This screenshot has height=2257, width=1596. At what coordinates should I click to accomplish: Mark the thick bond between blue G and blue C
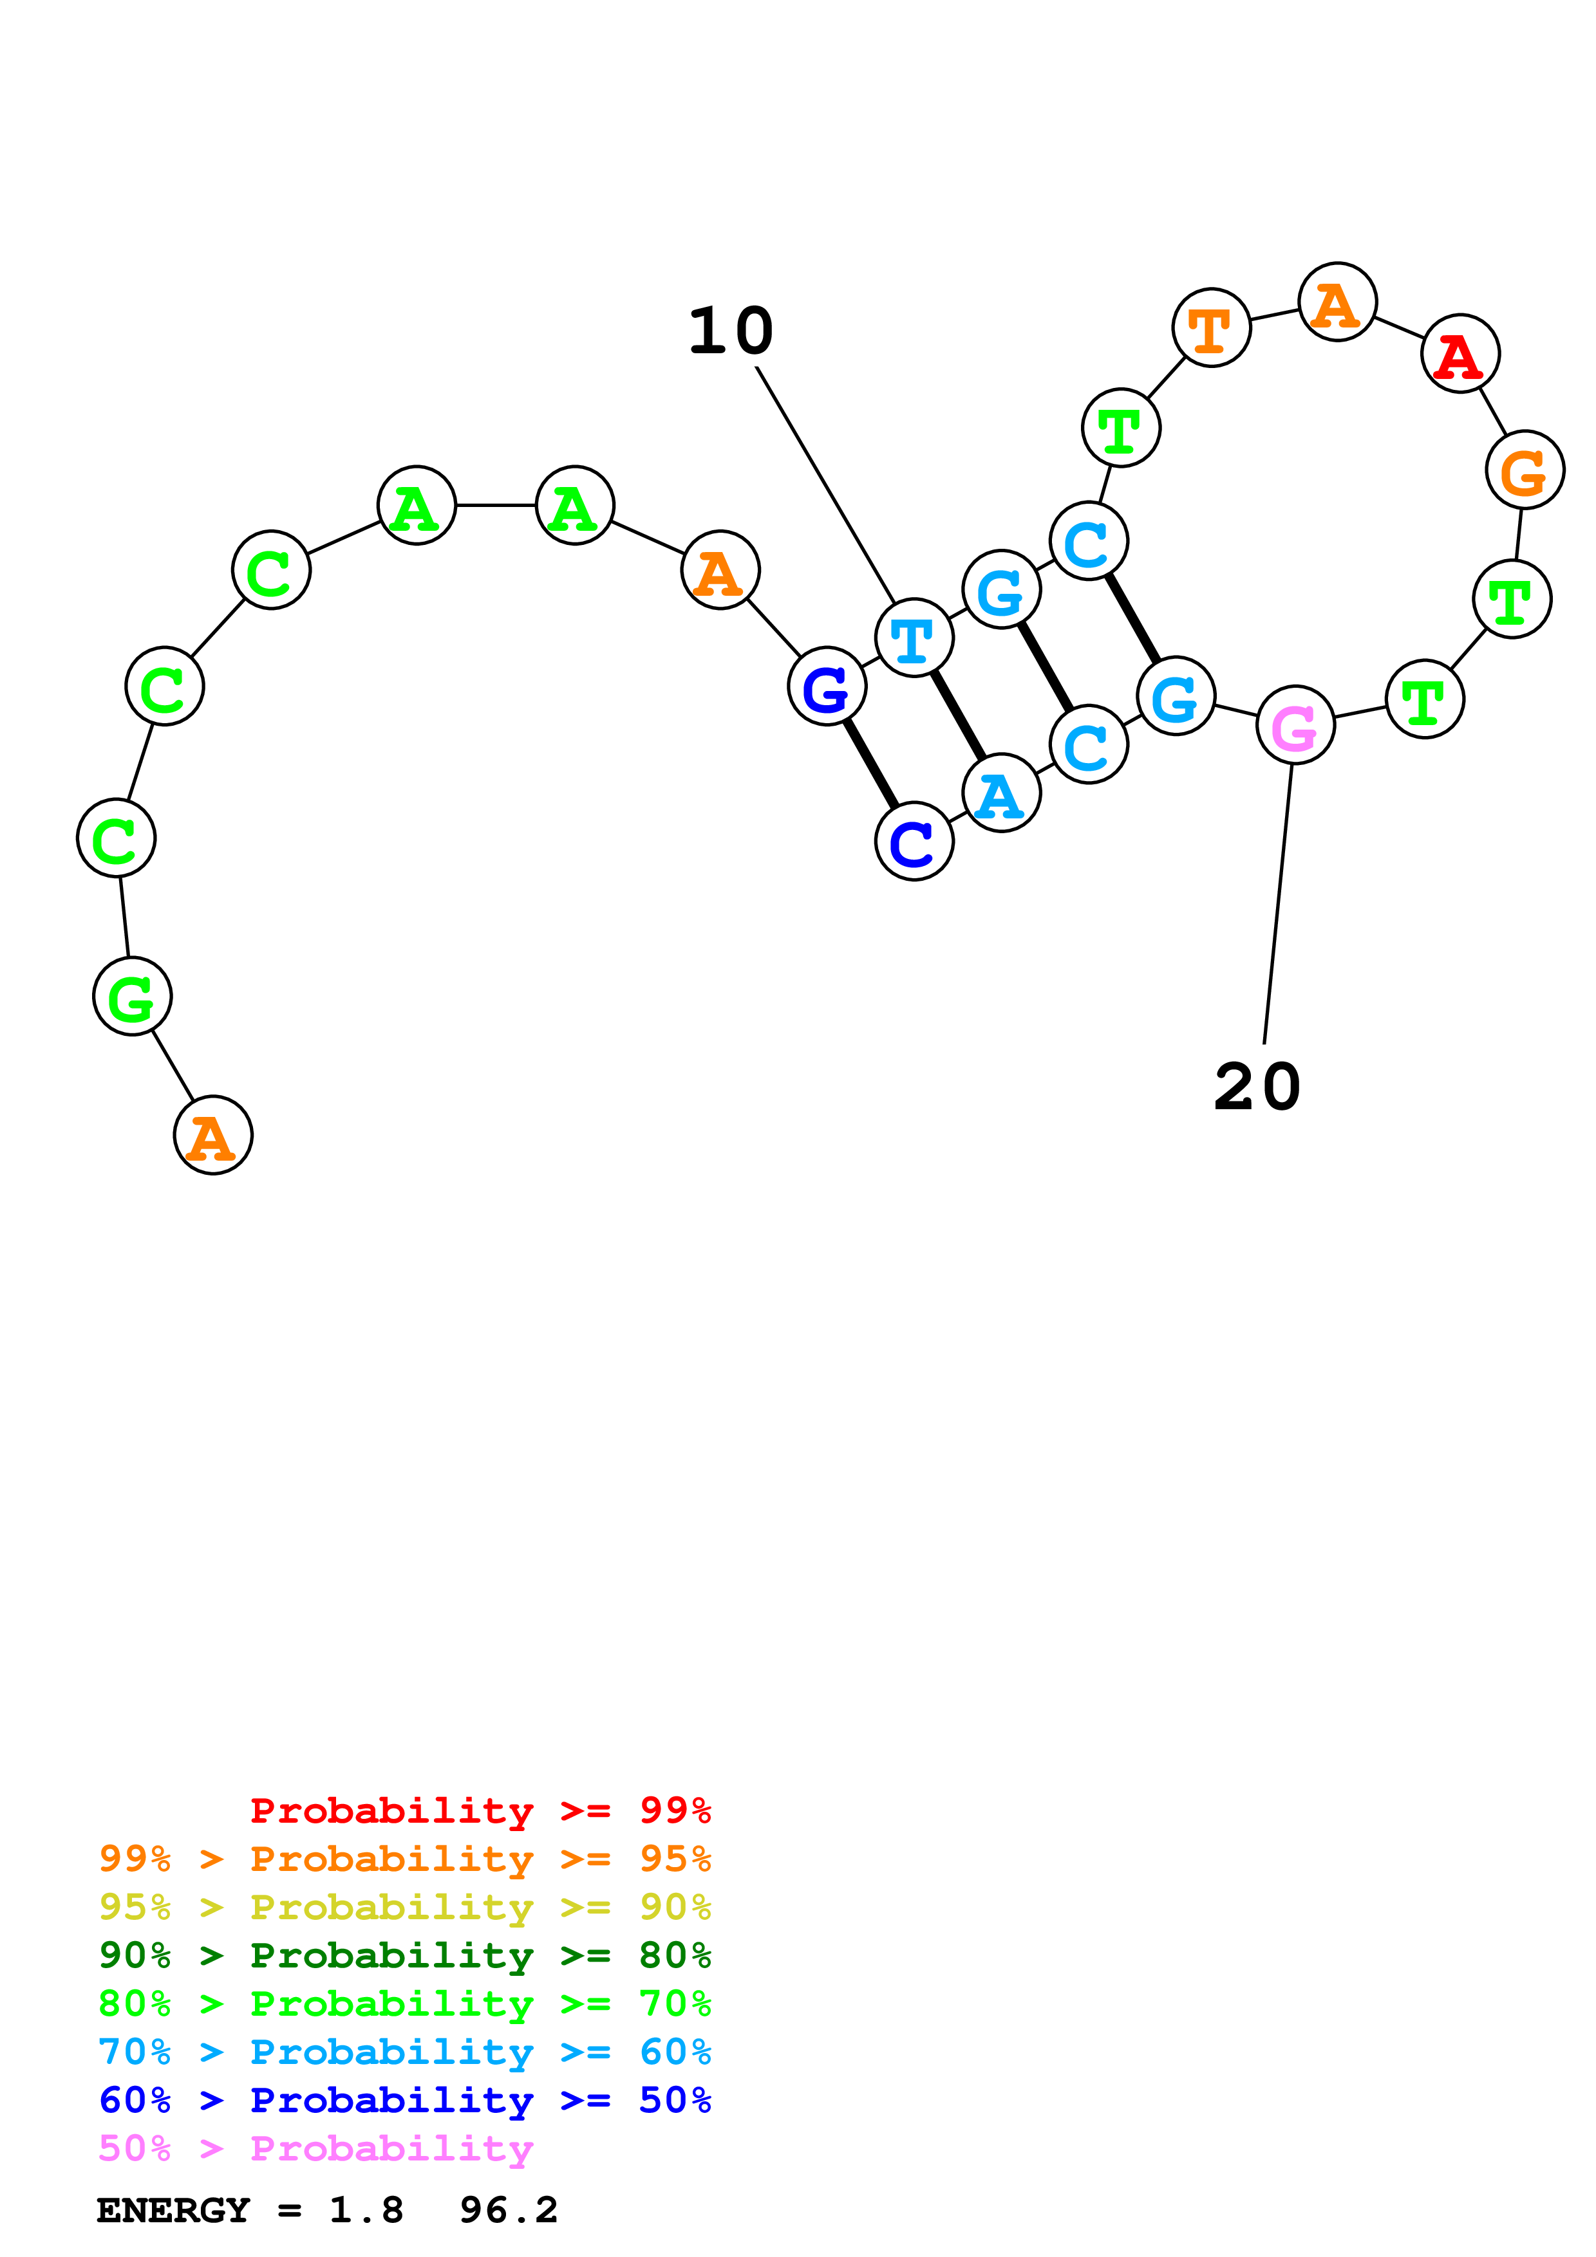click(x=870, y=764)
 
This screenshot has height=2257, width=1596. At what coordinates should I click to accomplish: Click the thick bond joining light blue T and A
click(x=958, y=715)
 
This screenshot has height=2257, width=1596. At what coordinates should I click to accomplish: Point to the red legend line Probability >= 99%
click(x=480, y=1810)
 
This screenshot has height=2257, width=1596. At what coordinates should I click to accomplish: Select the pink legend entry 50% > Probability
click(x=315, y=2149)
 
